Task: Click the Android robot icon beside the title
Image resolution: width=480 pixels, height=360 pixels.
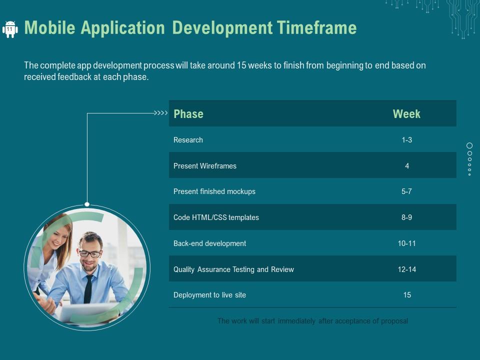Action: [10, 29]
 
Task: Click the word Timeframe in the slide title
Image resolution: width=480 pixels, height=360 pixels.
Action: [314, 28]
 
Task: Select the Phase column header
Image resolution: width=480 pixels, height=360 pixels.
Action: [188, 114]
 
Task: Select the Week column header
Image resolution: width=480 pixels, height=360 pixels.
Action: [406, 114]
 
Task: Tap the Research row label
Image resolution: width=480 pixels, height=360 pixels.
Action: [188, 140]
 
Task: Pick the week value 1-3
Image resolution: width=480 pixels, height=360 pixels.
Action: [406, 140]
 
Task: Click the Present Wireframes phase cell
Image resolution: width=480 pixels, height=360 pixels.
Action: [205, 166]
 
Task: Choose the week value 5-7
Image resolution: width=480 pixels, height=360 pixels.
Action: [406, 191]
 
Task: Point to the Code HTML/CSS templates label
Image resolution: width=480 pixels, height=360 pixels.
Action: [216, 217]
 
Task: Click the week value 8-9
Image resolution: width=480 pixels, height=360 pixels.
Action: [406, 217]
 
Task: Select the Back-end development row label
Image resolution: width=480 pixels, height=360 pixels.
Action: [209, 243]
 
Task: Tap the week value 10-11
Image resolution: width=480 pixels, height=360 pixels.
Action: [406, 243]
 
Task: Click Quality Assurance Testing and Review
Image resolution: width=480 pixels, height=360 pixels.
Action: [233, 269]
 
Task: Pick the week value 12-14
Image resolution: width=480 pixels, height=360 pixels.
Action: [406, 269]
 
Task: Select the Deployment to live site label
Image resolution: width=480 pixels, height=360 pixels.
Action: [209, 295]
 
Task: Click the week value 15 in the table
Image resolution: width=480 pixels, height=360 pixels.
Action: [407, 295]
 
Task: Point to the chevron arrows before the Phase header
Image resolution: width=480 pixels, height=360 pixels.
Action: [160, 113]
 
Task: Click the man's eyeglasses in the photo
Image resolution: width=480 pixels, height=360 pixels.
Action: [90, 254]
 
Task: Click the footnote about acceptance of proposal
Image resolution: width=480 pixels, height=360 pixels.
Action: [312, 321]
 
